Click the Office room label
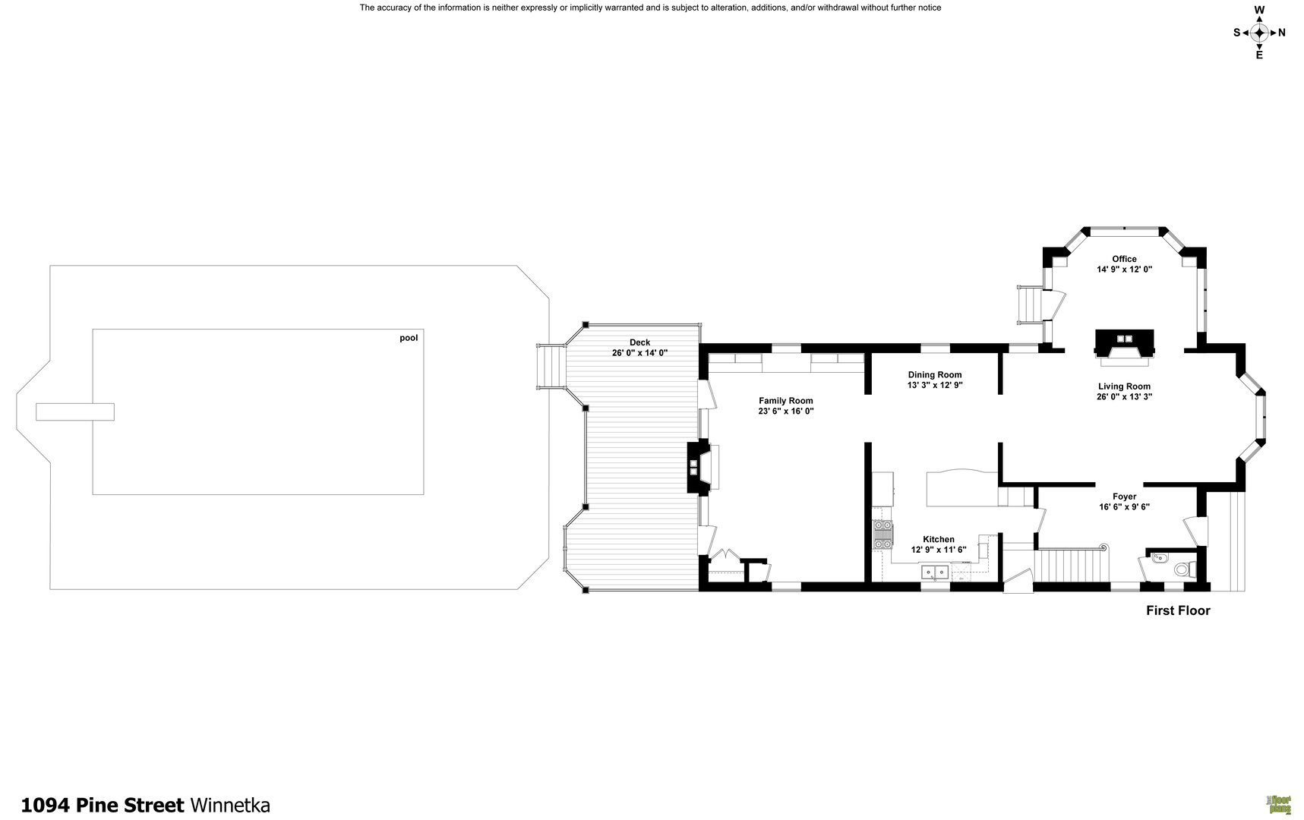[1124, 259]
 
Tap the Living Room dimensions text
[1124, 396]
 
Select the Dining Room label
[935, 374]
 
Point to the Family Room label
[785, 401]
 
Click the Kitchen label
[939, 539]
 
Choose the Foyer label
[1124, 497]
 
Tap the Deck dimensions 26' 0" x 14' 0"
[639, 353]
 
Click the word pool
[409, 338]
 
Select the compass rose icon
[1259, 32]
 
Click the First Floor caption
[1178, 610]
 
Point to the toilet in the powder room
[1182, 569]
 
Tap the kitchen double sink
[935, 572]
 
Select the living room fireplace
[1124, 343]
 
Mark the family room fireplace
[695, 467]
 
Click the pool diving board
[75, 412]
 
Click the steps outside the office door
[1030, 304]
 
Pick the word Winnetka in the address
[229, 805]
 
